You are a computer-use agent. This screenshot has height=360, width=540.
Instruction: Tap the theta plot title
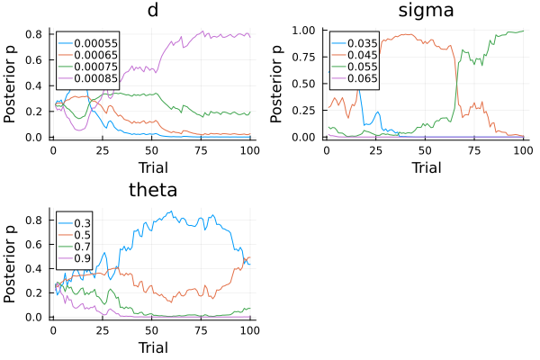tap(153, 190)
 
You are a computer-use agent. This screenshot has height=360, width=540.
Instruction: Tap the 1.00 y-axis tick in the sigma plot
tap(307, 30)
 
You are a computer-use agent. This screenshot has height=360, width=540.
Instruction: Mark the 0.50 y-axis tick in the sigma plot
tap(307, 84)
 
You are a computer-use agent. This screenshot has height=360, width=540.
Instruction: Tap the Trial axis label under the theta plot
tap(153, 346)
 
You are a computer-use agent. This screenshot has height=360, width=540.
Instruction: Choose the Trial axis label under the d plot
tap(153, 166)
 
